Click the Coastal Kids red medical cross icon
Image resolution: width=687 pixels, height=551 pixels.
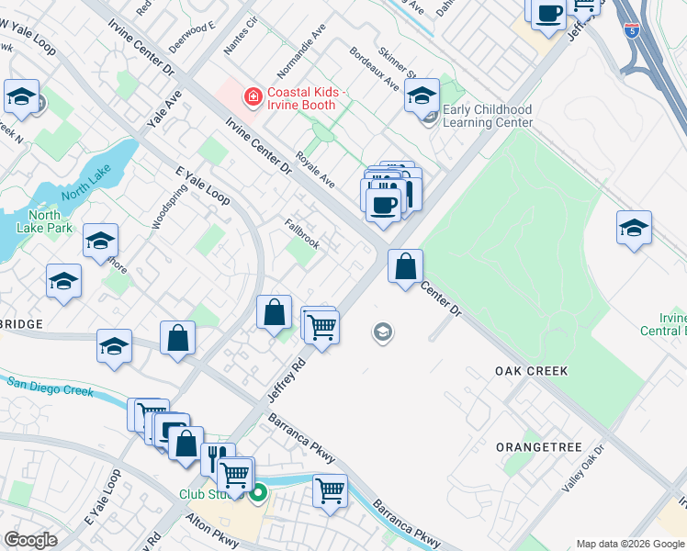[250, 96]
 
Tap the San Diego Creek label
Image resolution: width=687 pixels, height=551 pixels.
[50, 386]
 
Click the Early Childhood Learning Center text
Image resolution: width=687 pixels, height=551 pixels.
[488, 117]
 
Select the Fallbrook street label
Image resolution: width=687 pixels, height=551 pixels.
[301, 234]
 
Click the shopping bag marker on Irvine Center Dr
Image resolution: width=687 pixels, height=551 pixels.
[405, 267]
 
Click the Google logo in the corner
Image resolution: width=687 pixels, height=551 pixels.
[30, 540]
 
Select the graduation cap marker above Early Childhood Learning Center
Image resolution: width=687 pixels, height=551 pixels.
[422, 95]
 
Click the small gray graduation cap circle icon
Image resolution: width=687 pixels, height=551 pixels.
[383, 332]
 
